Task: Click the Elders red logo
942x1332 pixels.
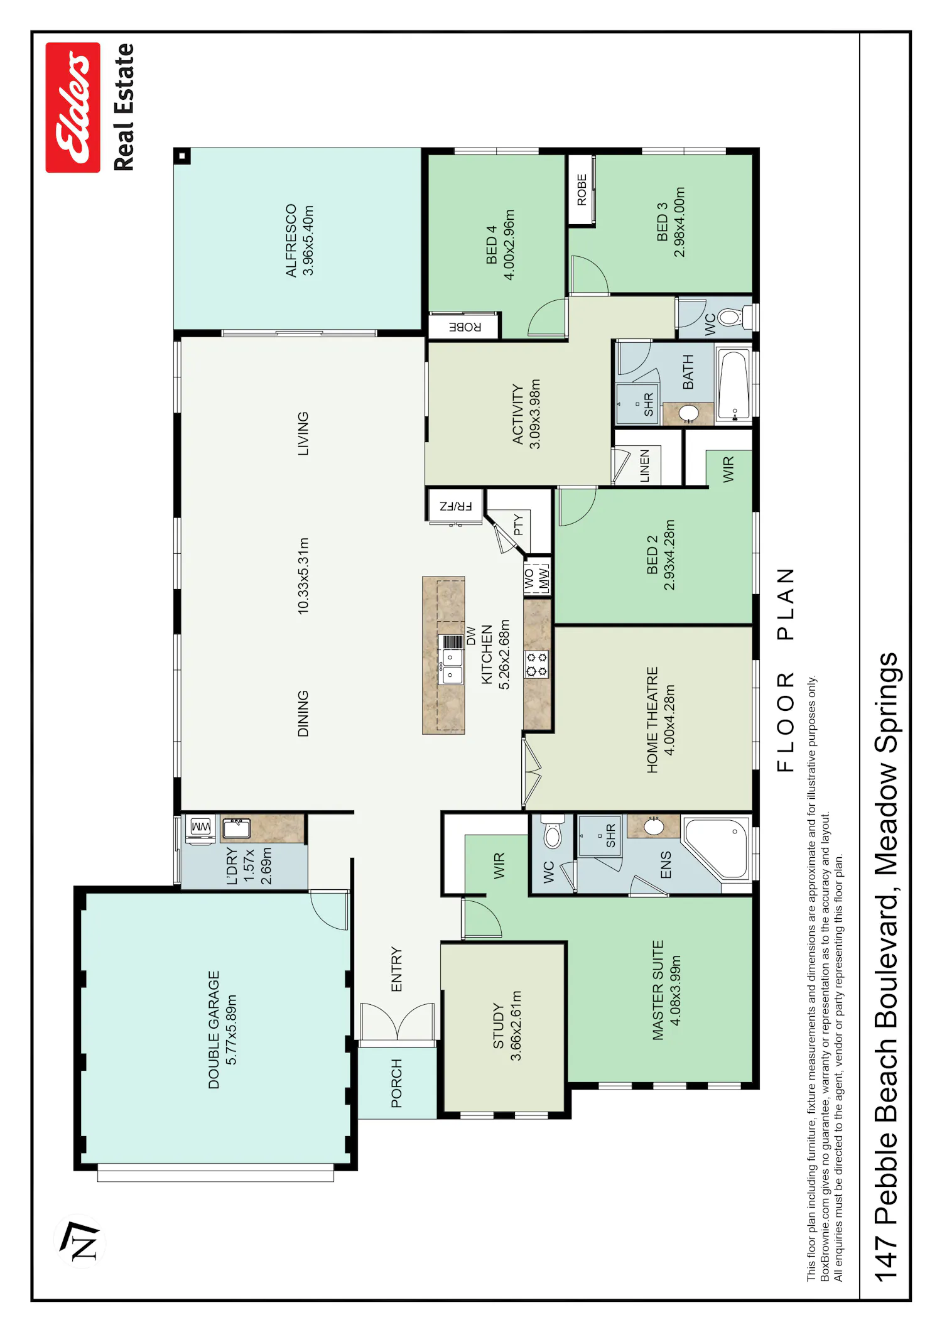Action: [73, 107]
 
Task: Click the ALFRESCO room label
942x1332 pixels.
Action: [291, 241]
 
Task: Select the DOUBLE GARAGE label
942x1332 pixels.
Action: [214, 1030]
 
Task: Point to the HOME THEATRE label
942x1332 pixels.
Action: [652, 720]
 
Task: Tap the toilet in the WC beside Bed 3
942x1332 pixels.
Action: [734, 317]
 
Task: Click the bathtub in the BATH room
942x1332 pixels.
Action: [734, 385]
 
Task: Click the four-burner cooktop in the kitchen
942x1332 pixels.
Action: [537, 664]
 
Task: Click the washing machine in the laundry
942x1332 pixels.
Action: [200, 828]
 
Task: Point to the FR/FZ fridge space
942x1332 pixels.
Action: [456, 506]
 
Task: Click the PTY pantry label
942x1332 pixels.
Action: [518, 525]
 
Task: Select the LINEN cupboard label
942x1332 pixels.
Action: [644, 466]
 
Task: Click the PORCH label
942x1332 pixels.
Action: [396, 1083]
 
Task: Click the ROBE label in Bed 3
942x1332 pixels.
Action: [582, 190]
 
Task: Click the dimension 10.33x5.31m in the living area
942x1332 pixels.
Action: [303, 576]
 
